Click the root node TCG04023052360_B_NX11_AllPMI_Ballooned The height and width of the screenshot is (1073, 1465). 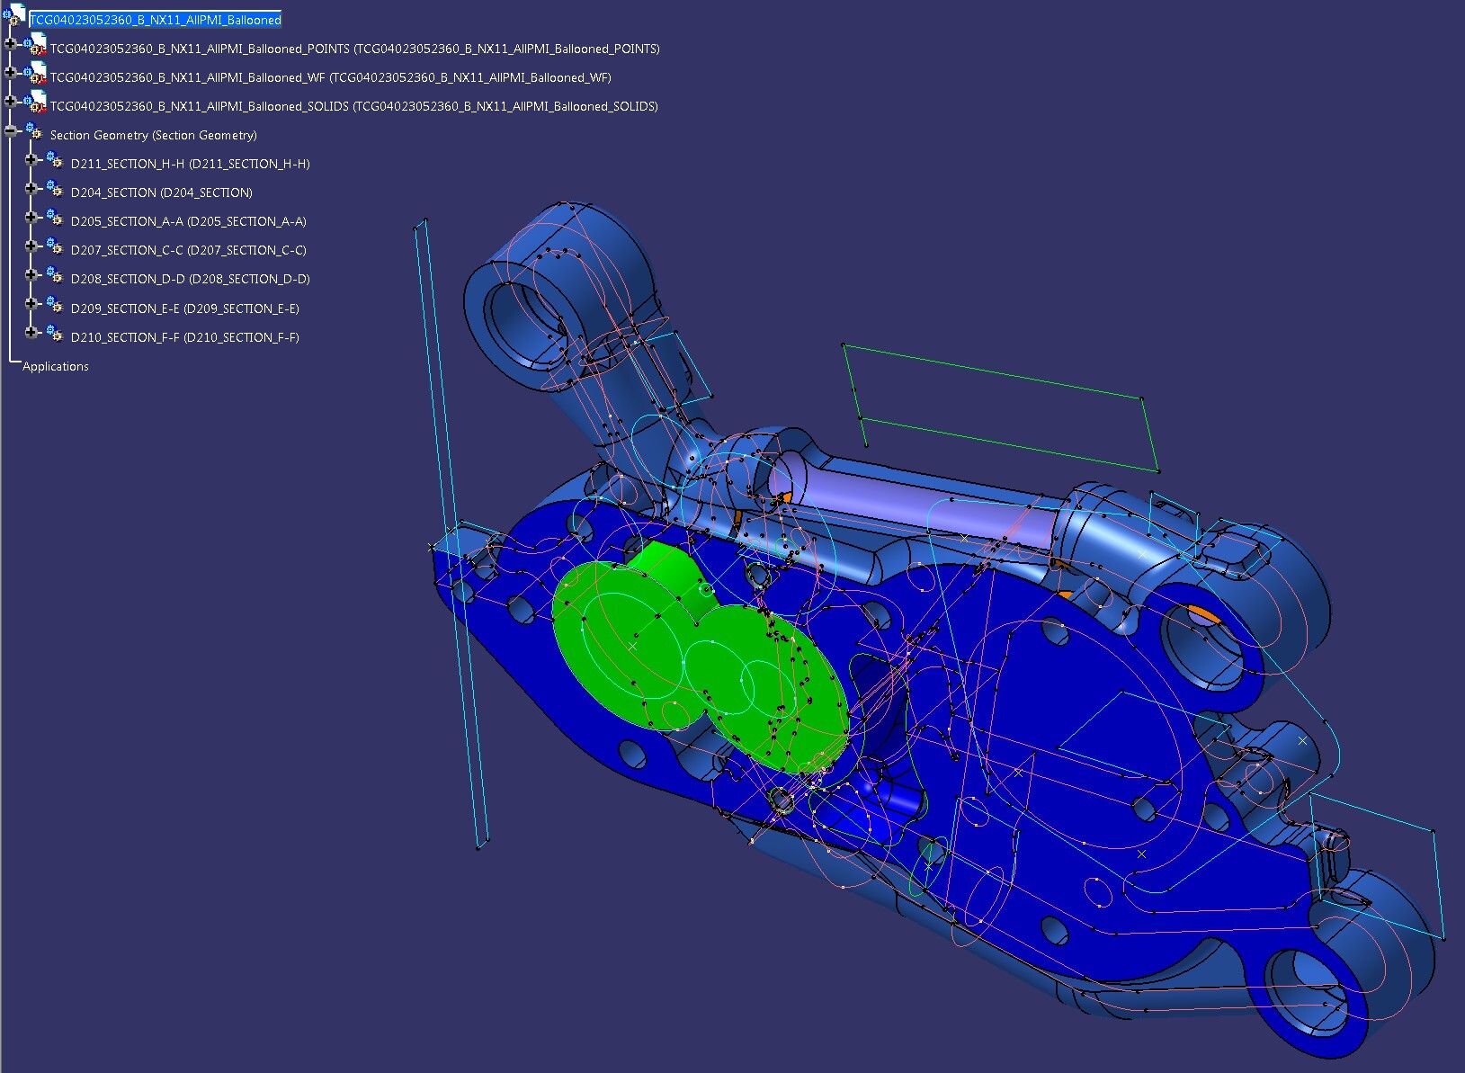pos(155,20)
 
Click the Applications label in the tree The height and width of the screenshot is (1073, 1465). pos(56,366)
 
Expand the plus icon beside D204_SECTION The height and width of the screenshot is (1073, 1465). pos(31,188)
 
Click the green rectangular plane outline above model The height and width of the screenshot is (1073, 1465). pos(998,378)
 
